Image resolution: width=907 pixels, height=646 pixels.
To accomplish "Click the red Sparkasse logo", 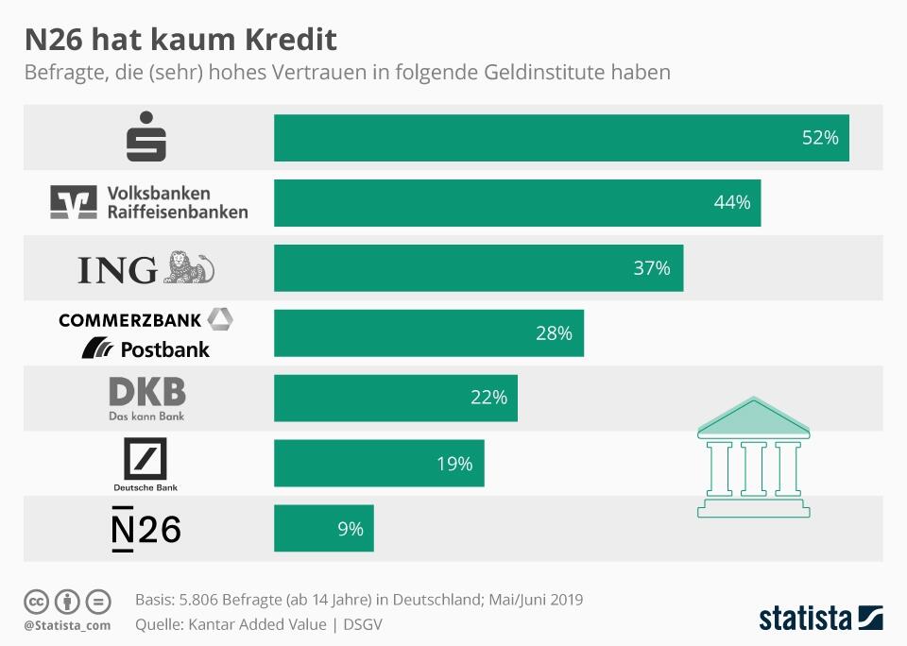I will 146,137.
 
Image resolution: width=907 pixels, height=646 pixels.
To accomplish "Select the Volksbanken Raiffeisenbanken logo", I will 149,202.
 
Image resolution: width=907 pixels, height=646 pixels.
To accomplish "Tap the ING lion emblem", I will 189,268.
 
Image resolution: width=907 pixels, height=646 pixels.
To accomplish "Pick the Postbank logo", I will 146,348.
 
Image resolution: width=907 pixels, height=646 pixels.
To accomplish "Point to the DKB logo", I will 147,398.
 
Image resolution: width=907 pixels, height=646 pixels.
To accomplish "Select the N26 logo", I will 146,529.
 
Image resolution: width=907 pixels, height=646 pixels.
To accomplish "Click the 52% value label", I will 820,138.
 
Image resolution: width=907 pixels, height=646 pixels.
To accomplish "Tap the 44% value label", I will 732,203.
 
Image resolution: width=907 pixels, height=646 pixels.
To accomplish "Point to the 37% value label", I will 651,268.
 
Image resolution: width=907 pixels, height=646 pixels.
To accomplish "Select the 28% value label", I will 554,333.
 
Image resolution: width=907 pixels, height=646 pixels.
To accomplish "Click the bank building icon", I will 753,457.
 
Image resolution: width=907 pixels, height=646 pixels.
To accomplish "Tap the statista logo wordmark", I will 806,619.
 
